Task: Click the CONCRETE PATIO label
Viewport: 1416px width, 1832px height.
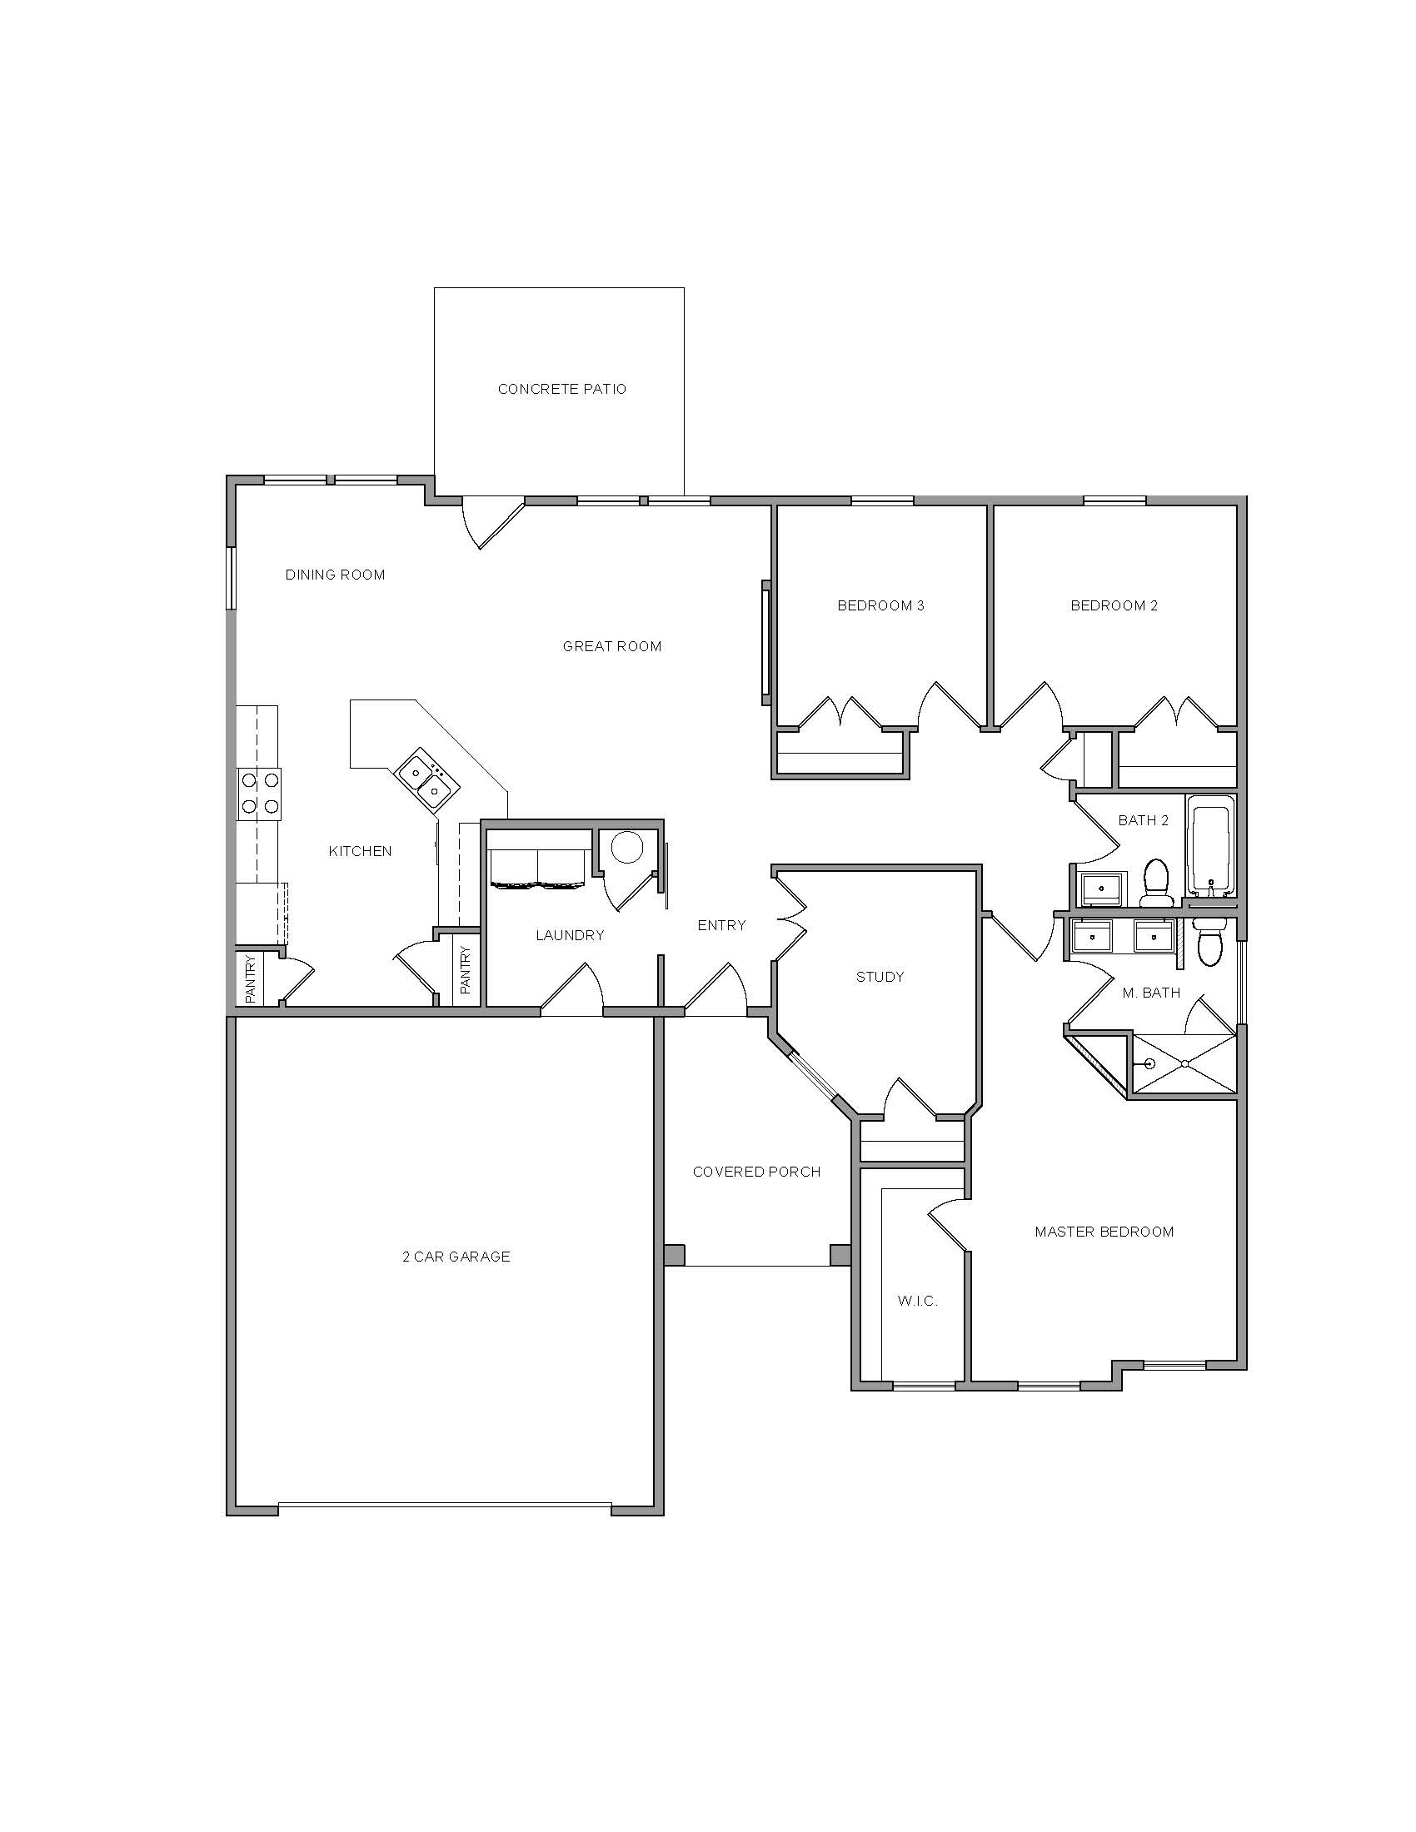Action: tap(562, 389)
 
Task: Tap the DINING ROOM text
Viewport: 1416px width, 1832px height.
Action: tap(335, 575)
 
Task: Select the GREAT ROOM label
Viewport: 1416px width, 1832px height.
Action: tap(611, 646)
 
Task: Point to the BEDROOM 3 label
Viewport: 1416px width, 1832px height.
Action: tap(880, 605)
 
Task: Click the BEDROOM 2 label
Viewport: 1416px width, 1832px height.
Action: tap(1113, 605)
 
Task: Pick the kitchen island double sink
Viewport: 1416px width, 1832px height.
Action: tap(427, 779)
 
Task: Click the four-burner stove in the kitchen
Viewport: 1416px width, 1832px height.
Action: tap(259, 794)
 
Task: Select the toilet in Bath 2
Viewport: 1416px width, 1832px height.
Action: tap(1158, 882)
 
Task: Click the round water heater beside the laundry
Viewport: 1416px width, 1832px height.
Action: tap(626, 847)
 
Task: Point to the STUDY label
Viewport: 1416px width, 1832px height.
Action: tap(880, 977)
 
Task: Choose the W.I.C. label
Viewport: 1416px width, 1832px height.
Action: tap(917, 1301)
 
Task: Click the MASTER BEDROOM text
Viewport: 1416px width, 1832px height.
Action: tap(1104, 1232)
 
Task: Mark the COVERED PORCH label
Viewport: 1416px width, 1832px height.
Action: tap(755, 1172)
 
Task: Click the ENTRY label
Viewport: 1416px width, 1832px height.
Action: tap(721, 925)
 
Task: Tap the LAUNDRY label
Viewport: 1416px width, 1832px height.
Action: tap(570, 935)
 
